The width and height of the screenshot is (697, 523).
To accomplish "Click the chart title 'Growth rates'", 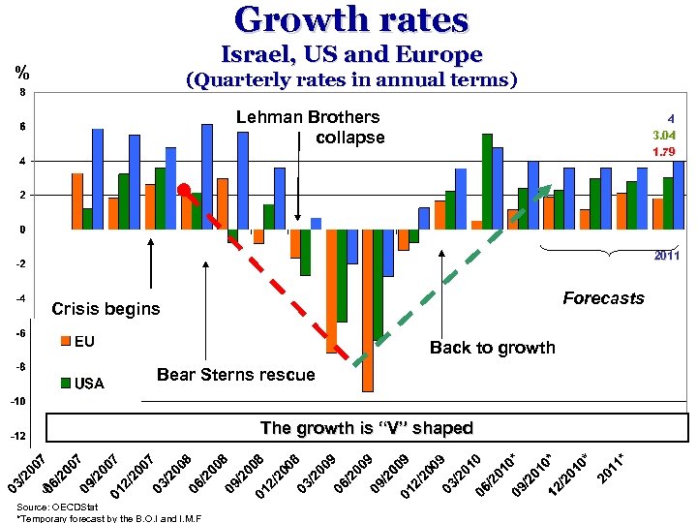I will [350, 21].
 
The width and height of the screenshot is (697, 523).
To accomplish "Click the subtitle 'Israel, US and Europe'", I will [351, 55].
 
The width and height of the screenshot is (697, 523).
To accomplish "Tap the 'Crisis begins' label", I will [106, 309].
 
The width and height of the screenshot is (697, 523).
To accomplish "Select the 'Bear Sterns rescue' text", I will [235, 375].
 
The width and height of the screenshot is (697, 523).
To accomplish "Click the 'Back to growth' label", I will [493, 348].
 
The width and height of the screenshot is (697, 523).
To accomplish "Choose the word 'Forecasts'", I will [603, 298].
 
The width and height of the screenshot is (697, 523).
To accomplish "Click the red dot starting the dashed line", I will [185, 190].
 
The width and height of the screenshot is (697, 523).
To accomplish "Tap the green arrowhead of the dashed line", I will [545, 190].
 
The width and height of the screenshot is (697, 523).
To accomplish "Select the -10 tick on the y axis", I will [18, 402].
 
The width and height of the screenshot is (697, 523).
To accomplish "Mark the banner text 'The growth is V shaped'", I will [366, 428].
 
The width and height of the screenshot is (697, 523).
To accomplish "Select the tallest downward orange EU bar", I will [368, 310].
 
